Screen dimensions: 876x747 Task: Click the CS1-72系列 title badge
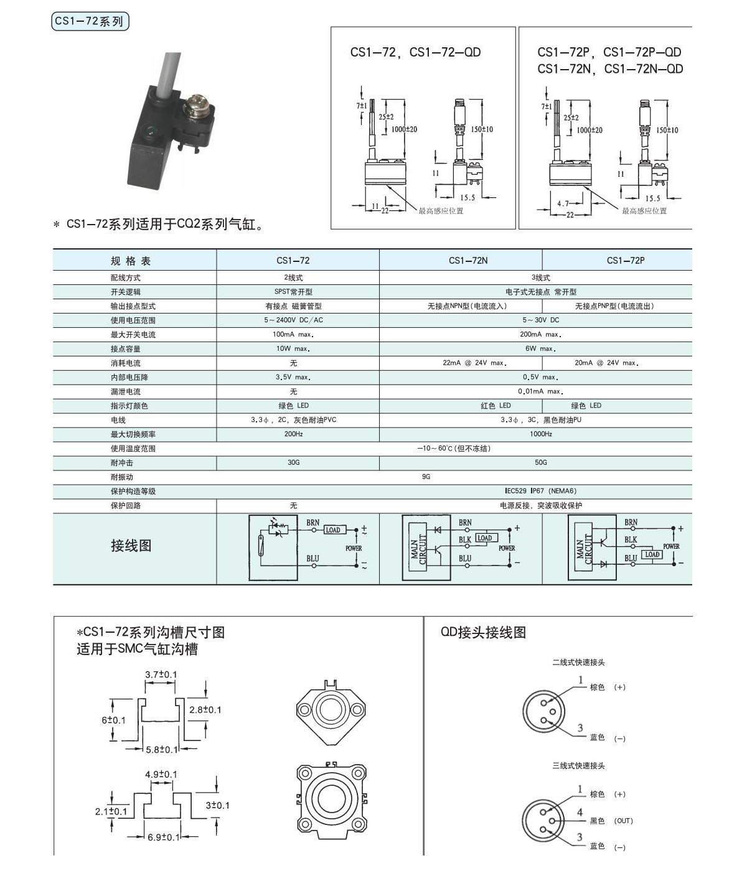click(x=90, y=22)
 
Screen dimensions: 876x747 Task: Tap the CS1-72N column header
click(x=468, y=261)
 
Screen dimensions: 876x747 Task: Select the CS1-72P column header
click(x=625, y=261)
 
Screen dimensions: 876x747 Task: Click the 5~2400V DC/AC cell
click(x=293, y=320)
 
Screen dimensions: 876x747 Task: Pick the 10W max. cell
click(x=293, y=349)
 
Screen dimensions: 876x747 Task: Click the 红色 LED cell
click(x=496, y=406)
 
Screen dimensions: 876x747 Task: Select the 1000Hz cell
click(x=540, y=434)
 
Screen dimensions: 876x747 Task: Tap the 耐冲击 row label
click(x=122, y=463)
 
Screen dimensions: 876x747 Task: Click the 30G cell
click(x=293, y=463)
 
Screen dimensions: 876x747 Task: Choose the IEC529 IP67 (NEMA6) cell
click(x=540, y=492)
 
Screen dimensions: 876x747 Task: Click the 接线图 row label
click(x=131, y=546)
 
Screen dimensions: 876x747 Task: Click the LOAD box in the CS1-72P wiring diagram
click(x=652, y=554)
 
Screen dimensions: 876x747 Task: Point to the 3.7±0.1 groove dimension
click(x=161, y=675)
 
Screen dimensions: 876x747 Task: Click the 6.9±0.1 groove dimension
click(x=163, y=837)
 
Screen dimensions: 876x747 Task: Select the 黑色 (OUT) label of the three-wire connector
click(x=611, y=821)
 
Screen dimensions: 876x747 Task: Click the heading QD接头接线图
click(x=483, y=633)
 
